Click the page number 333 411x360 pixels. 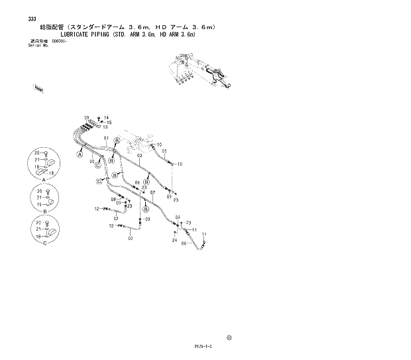[x=32, y=19]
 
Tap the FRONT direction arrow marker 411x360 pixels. [x=39, y=86]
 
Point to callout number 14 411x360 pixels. [x=106, y=117]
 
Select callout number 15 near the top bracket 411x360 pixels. [x=109, y=123]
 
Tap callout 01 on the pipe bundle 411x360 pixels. [x=105, y=138]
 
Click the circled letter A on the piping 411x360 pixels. [x=79, y=154]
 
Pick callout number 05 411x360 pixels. [x=164, y=150]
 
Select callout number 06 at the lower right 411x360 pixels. [x=184, y=243]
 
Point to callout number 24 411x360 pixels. [x=174, y=241]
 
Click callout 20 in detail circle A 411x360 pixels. [x=36, y=154]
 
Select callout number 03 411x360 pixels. [x=140, y=156]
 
